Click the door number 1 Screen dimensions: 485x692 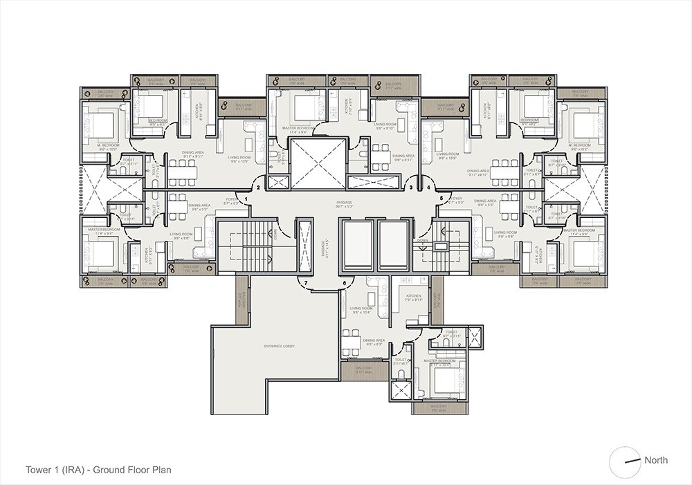point(246,199)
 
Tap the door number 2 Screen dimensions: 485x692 point(258,187)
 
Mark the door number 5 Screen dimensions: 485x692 point(441,199)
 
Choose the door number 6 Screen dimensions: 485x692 point(344,284)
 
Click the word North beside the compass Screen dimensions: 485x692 point(655,460)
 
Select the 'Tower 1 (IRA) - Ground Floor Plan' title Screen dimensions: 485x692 point(98,470)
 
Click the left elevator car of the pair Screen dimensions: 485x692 point(358,246)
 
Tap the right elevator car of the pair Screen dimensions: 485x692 point(394,246)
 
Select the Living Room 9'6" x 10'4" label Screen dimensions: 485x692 point(362,311)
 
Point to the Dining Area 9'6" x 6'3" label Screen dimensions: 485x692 point(374,342)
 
